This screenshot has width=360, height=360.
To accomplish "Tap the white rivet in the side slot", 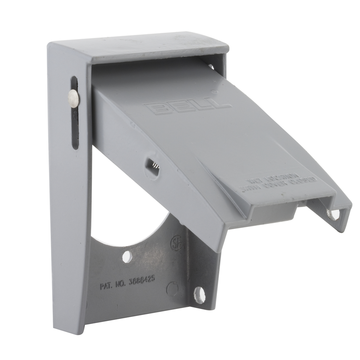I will (74, 98).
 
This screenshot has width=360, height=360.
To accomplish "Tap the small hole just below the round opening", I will (127, 257).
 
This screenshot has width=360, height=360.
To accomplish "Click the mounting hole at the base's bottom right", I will (199, 295).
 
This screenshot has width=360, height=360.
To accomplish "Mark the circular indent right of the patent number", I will (172, 289).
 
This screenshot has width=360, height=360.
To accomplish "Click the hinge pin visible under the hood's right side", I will (211, 66).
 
